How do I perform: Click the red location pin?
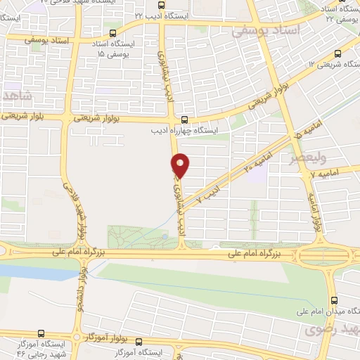(181, 165)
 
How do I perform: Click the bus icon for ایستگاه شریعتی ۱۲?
(339, 53)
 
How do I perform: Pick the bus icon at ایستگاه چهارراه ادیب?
(184, 120)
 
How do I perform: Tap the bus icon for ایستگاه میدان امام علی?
(337, 295)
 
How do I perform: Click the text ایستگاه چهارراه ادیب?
(186, 130)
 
